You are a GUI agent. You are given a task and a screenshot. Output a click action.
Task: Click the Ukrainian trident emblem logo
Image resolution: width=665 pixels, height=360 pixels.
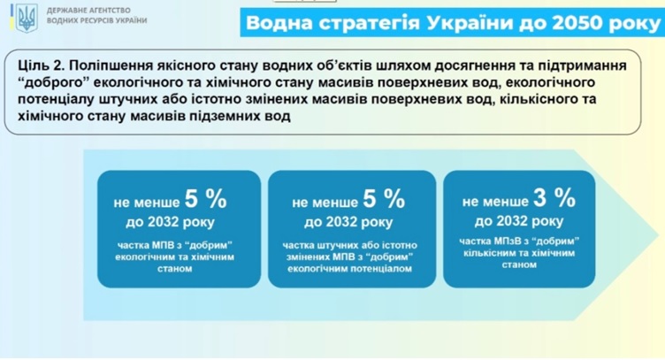(27, 19)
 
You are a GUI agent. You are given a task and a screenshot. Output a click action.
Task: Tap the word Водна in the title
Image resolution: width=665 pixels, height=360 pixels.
(279, 23)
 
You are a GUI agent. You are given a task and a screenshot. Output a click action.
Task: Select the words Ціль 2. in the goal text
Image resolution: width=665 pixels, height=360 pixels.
(41, 65)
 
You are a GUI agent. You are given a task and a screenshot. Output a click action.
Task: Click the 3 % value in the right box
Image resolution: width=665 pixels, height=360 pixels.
(554, 197)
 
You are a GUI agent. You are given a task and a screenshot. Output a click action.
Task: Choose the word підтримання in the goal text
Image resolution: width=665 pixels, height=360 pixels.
(583, 65)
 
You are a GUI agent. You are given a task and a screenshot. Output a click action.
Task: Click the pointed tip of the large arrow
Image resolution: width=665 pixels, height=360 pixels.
(659, 235)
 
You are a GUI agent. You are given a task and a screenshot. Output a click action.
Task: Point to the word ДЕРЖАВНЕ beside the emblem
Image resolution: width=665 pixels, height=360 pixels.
(63, 11)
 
